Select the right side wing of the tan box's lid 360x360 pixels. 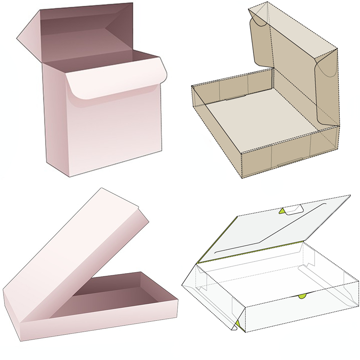point(326,90)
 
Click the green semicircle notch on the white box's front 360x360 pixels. point(302,296)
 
